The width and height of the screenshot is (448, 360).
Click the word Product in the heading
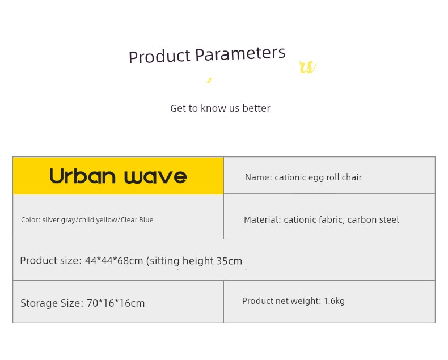click(x=159, y=56)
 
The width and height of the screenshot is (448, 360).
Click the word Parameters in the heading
click(x=240, y=54)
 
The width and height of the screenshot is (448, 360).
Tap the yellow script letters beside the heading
click(x=308, y=67)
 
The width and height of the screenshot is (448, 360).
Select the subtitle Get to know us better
click(x=220, y=108)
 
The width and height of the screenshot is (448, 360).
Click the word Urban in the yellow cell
click(x=82, y=176)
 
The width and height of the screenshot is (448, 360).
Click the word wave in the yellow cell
click(x=156, y=177)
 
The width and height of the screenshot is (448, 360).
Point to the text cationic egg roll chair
click(x=318, y=177)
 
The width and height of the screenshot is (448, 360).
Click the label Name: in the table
click(x=259, y=177)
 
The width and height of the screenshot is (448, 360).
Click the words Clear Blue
click(x=137, y=220)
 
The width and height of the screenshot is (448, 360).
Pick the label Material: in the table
click(x=263, y=220)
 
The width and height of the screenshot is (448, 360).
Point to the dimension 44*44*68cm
click(x=114, y=261)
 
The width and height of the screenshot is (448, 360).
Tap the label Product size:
click(x=51, y=261)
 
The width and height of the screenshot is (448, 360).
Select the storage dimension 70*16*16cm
click(x=116, y=303)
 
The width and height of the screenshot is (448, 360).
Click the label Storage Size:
click(x=52, y=303)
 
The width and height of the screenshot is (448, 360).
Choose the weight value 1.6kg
click(x=334, y=301)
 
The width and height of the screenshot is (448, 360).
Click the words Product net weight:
click(x=282, y=301)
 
